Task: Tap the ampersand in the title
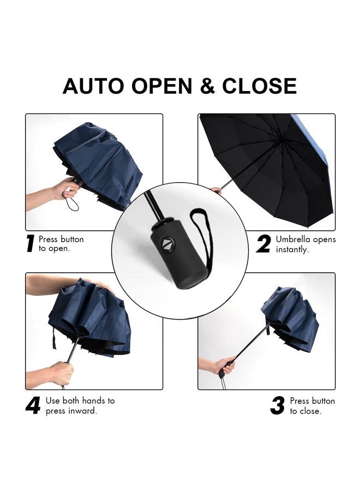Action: click(x=208, y=86)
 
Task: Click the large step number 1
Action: click(x=31, y=244)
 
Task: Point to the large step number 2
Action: click(x=263, y=244)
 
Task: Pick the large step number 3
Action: click(x=278, y=406)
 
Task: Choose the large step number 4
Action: click(x=33, y=406)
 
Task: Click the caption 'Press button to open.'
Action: click(x=61, y=244)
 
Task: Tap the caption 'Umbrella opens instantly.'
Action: click(x=305, y=244)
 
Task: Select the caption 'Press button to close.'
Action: click(x=312, y=406)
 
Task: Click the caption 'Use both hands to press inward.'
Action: click(x=80, y=406)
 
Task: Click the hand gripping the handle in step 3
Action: click(x=225, y=366)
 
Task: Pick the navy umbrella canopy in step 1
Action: click(x=104, y=164)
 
